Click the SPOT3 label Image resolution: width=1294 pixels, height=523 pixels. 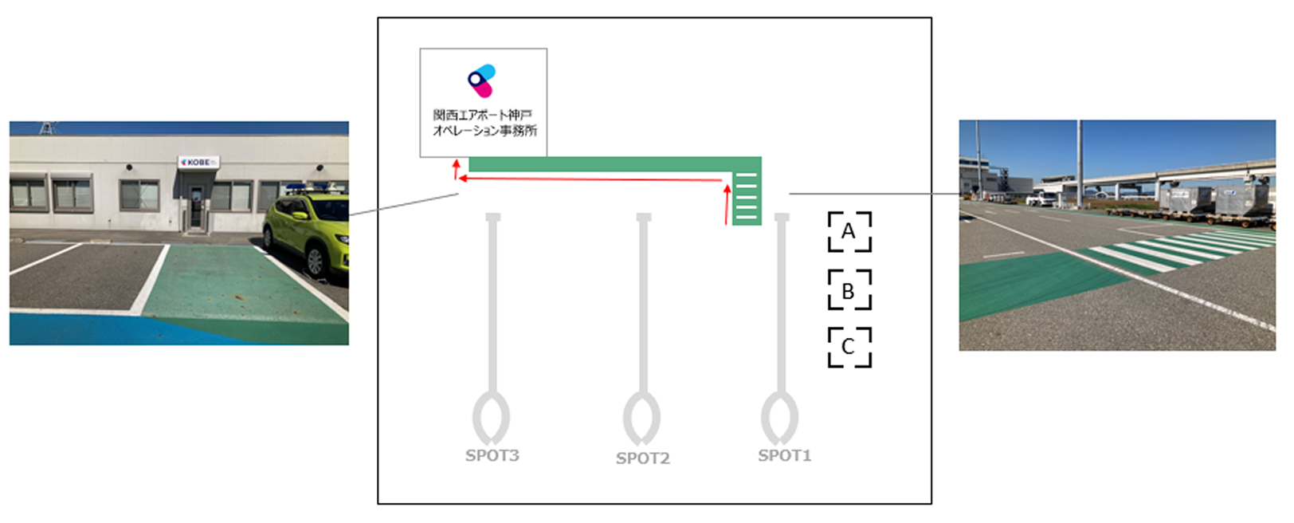tap(492, 455)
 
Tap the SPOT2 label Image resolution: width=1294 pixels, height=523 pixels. tap(642, 458)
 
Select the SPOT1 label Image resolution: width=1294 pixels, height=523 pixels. tap(784, 455)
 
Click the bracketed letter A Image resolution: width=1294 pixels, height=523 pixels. tap(849, 232)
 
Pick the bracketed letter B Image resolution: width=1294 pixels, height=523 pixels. tap(849, 290)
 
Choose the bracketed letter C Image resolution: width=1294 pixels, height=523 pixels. tap(849, 347)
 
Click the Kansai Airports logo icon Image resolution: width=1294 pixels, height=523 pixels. tap(482, 81)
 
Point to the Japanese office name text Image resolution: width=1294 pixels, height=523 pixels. tap(484, 123)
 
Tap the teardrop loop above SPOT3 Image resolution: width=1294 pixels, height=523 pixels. tap(491, 417)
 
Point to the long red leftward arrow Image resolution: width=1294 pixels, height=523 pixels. tap(590, 179)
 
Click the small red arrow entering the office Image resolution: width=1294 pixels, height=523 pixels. tap(456, 167)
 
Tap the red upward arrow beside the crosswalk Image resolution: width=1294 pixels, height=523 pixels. tap(727, 204)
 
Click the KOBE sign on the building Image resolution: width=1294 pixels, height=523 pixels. tap(198, 162)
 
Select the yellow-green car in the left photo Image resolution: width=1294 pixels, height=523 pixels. tap(307, 235)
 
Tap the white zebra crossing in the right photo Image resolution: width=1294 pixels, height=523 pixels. tap(1179, 251)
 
